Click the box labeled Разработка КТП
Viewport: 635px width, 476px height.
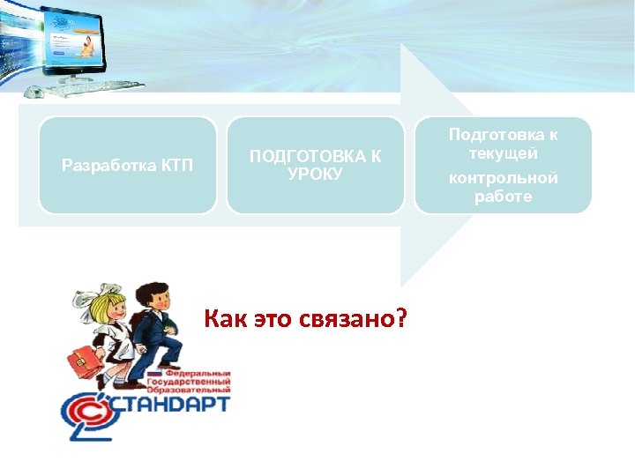[x=128, y=165]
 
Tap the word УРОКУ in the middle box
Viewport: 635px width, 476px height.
[x=315, y=174]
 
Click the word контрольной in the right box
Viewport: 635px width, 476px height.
[x=503, y=178]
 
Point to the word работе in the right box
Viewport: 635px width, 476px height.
[x=503, y=196]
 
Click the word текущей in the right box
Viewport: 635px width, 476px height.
[x=503, y=153]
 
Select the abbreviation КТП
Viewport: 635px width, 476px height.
[x=176, y=165]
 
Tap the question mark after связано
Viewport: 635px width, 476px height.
[x=401, y=318]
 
